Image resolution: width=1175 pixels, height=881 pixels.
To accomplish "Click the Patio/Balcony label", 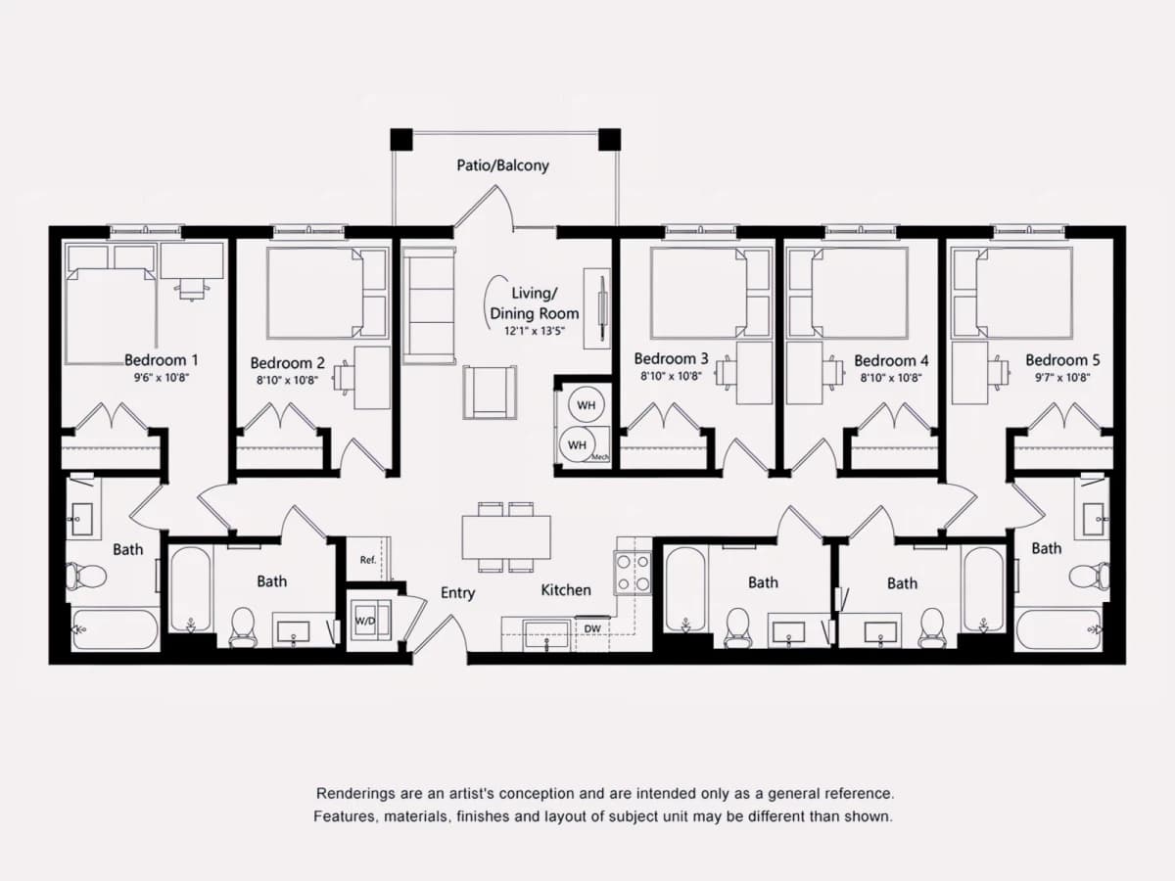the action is [502, 165].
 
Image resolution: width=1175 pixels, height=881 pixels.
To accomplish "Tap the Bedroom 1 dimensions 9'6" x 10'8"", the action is [162, 378].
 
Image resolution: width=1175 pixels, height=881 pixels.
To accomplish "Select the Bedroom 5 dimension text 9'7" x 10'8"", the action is [1062, 378].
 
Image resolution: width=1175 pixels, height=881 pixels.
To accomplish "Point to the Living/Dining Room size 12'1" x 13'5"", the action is [535, 331].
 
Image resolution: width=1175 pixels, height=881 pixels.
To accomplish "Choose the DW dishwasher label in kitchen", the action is [592, 629].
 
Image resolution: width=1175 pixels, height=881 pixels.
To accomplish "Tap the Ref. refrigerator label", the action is [368, 560].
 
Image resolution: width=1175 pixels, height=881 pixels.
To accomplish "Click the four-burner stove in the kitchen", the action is [633, 573].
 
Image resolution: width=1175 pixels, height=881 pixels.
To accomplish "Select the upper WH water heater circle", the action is [587, 405].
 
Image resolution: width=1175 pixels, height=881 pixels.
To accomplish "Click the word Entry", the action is [457, 592].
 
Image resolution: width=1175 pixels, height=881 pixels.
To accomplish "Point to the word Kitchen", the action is [566, 590].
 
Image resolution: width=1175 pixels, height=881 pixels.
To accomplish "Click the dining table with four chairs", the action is [506, 537].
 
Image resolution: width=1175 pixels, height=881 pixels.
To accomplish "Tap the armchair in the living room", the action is [490, 393].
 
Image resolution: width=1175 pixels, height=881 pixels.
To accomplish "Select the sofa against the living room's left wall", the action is [428, 306].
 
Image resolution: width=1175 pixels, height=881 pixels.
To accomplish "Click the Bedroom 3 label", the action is [671, 358].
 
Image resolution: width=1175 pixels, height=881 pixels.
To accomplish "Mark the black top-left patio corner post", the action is [401, 139].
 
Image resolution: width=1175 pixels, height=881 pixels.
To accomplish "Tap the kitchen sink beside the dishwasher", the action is [546, 634].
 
